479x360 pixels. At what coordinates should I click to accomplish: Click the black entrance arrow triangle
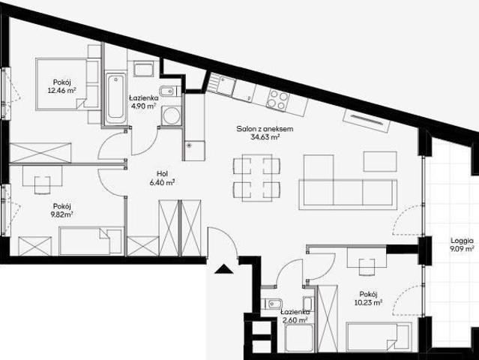coord(224,269)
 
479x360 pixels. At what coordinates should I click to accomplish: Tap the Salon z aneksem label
coord(265,129)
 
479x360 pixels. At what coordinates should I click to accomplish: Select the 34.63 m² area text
coord(265,137)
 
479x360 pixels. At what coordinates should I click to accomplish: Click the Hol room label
coord(162,174)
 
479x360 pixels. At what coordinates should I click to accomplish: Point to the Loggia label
coord(462,241)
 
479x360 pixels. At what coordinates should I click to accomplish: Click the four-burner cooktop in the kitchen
coord(277,100)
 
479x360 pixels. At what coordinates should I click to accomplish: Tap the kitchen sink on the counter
coord(222,83)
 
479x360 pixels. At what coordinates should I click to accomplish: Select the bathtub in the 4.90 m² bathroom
coord(115,98)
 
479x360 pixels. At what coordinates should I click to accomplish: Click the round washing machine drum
coord(171,115)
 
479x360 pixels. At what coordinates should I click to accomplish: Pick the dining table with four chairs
coord(256,178)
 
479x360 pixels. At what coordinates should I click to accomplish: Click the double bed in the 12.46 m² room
coord(68,84)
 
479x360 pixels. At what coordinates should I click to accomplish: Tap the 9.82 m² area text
coord(62,214)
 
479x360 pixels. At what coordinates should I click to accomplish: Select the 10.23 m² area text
coord(368,302)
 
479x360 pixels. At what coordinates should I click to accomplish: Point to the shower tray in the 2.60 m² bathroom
coord(300,338)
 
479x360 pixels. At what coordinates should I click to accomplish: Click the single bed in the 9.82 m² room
coord(91,241)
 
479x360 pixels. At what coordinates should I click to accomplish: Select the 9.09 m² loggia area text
coord(462,249)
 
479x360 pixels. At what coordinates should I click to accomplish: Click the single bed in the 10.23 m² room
coord(378,337)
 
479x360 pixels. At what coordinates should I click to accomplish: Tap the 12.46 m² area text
coord(61,91)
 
